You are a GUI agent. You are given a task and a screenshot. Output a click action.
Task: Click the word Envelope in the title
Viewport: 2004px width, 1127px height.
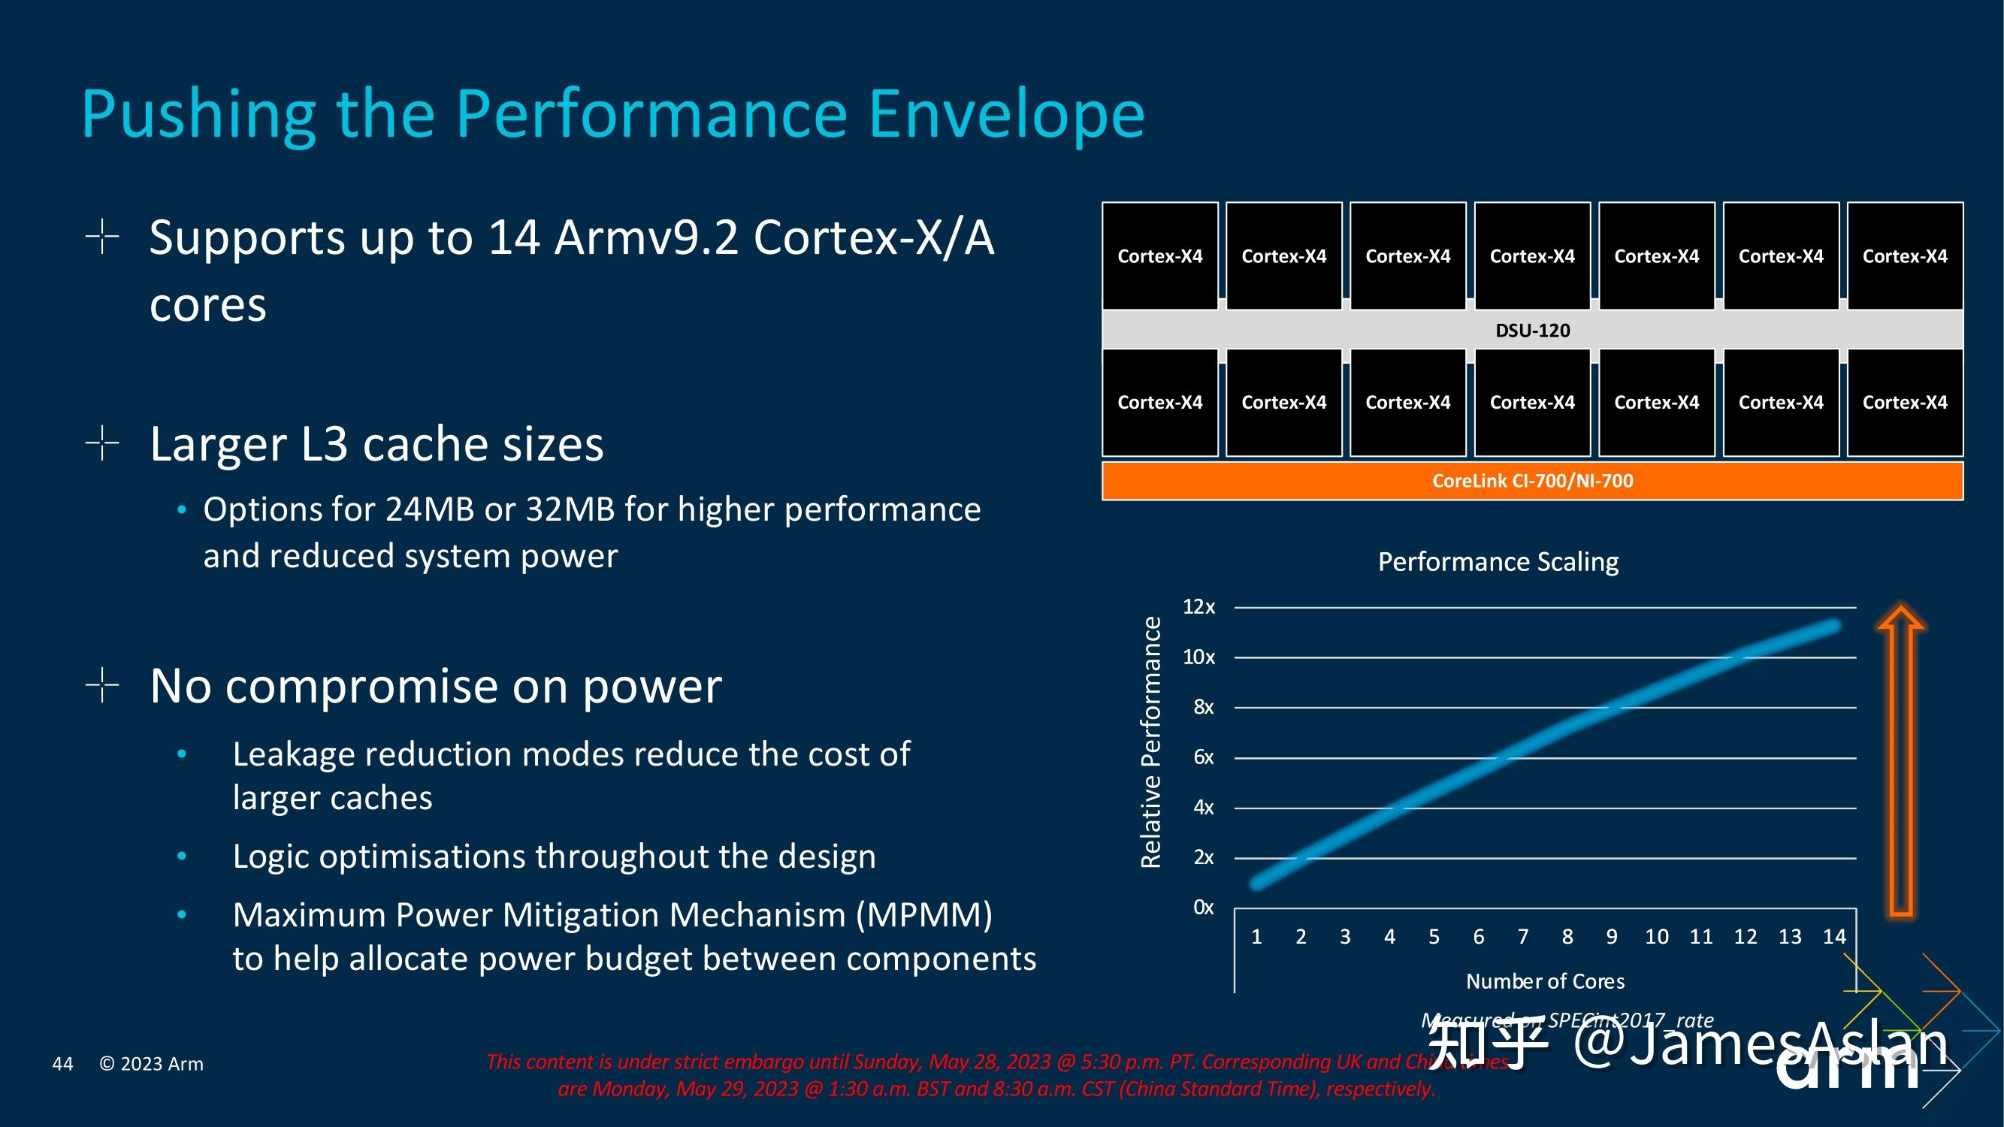pos(1005,115)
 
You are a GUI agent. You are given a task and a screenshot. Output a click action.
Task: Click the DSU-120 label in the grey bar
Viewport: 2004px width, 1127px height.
pos(1532,331)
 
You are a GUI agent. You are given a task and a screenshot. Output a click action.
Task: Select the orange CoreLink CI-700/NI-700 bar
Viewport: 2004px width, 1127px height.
pos(1532,481)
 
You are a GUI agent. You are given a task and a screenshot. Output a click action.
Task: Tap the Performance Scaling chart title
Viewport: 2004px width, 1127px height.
pos(1498,561)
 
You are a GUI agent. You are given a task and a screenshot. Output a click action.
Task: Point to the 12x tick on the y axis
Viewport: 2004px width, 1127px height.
pos(1198,606)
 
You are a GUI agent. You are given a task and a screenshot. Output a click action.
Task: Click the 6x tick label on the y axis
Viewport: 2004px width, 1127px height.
pos(1203,757)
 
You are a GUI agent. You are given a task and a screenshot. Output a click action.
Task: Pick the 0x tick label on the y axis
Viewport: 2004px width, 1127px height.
pos(1203,908)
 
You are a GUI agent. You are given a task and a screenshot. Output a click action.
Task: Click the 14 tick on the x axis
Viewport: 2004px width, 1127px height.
pos(1833,936)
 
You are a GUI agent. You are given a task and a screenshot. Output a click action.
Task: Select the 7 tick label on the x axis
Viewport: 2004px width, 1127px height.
pos(1522,936)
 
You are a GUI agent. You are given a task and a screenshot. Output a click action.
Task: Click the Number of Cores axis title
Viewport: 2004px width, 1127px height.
pos(1545,981)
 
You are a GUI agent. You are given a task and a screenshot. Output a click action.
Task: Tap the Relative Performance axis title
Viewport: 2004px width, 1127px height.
pos(1150,742)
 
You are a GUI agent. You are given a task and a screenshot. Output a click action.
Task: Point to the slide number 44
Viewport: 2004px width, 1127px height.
pos(62,1064)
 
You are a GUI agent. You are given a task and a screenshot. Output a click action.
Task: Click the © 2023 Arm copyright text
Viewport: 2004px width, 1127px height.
pos(151,1064)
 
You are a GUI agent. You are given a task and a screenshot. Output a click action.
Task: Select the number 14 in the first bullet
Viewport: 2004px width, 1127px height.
pos(513,237)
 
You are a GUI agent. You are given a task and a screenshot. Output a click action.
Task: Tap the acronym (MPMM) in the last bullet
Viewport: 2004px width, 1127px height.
pos(923,915)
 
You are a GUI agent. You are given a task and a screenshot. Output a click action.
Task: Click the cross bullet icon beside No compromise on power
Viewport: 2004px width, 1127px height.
pos(102,685)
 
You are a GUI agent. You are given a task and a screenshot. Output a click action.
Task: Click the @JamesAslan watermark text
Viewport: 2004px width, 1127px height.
pos(1760,1044)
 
